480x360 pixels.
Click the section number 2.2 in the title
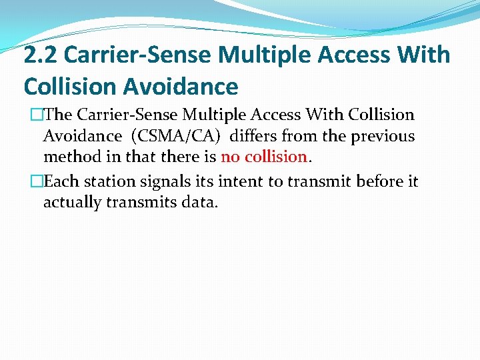tap(40, 55)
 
